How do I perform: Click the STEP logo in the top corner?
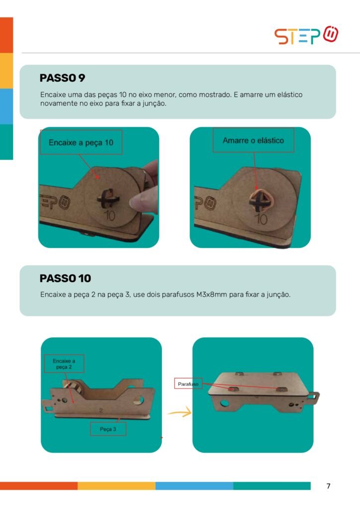306,35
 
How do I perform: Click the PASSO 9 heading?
62,78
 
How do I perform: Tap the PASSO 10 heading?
65,278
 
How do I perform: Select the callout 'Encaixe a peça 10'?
81,142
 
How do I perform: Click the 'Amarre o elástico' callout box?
253,140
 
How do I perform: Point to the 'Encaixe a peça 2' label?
64,364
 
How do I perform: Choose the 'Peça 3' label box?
108,429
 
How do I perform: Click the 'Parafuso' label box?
188,384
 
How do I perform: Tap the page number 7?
328,486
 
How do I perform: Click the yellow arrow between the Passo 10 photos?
179,412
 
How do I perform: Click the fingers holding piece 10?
145,191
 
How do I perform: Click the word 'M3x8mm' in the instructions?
212,295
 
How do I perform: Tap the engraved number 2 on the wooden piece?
101,410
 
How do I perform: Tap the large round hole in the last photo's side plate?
224,404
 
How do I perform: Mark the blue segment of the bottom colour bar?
194,486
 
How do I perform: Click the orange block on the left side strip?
6,35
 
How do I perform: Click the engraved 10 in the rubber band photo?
261,219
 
